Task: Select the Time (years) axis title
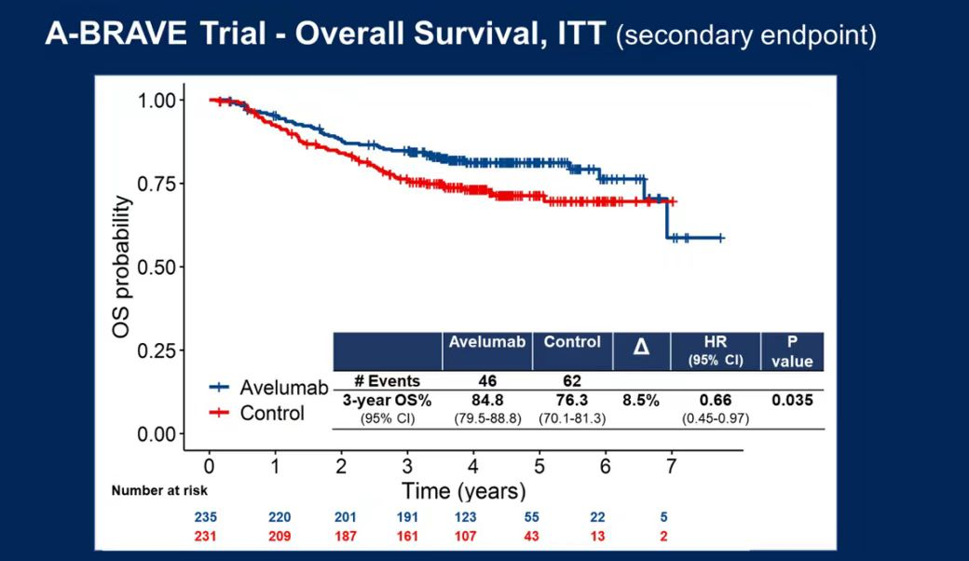[x=463, y=490]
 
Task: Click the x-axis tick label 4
[x=473, y=466]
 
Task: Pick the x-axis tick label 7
[x=671, y=466]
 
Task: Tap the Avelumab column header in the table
[x=486, y=342]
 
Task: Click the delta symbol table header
[x=641, y=348]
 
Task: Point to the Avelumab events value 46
[x=486, y=381]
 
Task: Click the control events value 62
[x=572, y=381]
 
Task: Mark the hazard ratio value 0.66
[x=716, y=401]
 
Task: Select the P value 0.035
[x=792, y=401]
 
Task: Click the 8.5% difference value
[x=641, y=401]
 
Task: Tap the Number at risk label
[x=159, y=490]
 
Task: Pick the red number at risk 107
[x=473, y=537]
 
